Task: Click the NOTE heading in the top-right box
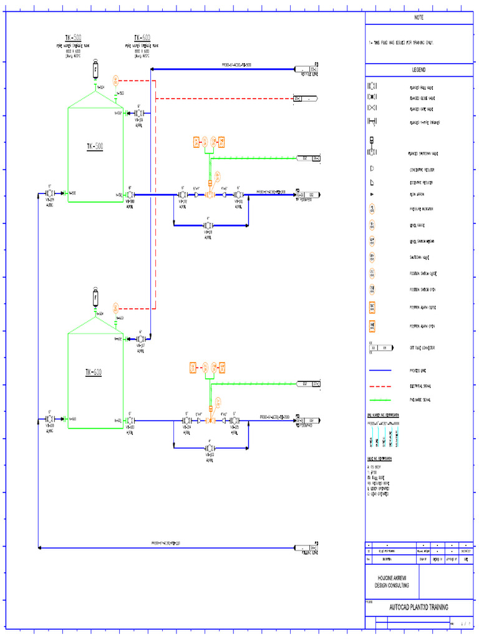(x=419, y=18)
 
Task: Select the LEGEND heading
(x=419, y=70)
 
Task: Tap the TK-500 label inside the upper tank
(x=95, y=147)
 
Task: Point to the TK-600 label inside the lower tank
(x=94, y=373)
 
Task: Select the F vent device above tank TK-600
(x=95, y=297)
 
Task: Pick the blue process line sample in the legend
(x=380, y=370)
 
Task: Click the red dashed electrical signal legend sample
(x=380, y=385)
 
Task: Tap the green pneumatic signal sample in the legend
(x=380, y=399)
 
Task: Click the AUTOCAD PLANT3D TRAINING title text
(x=419, y=607)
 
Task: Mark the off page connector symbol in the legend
(x=381, y=347)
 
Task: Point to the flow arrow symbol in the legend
(x=372, y=195)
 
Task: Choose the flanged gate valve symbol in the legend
(x=372, y=109)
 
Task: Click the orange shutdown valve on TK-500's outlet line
(x=210, y=195)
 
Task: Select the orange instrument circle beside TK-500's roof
(x=115, y=80)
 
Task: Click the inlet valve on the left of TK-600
(x=50, y=420)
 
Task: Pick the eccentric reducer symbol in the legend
(x=372, y=182)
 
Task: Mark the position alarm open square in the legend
(x=372, y=324)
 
